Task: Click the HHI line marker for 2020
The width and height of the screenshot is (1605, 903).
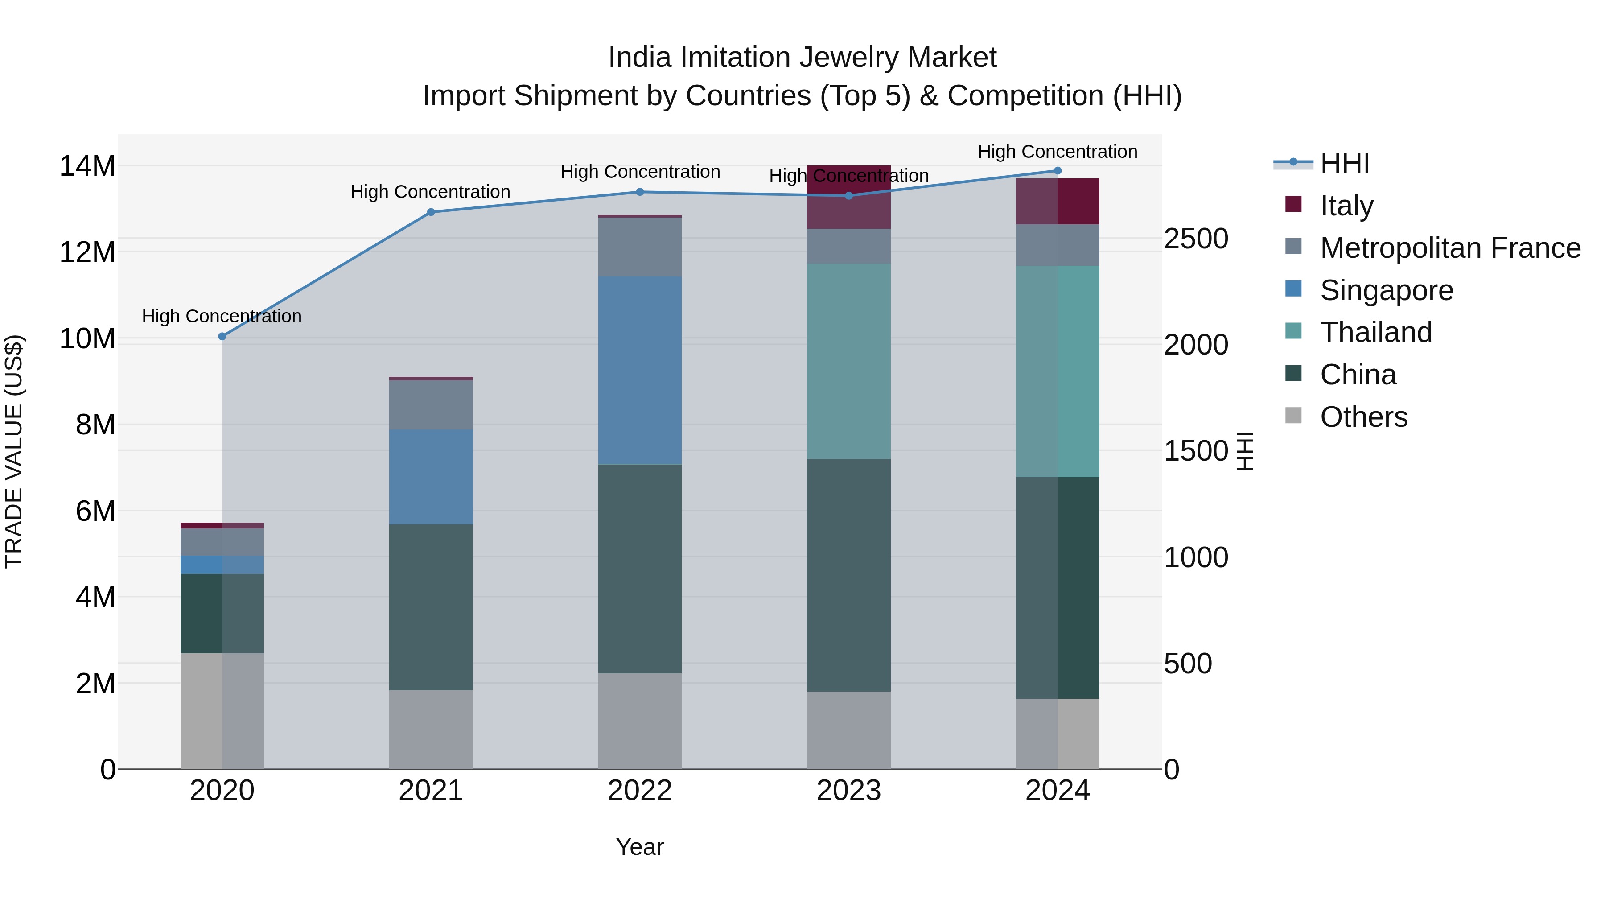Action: click(x=222, y=337)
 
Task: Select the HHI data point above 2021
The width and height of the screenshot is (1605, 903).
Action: click(x=431, y=212)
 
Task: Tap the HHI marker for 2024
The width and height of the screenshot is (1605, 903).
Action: click(x=1058, y=171)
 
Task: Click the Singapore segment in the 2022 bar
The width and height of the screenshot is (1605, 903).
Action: click(x=639, y=370)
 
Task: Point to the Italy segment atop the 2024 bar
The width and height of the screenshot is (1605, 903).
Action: click(x=1058, y=201)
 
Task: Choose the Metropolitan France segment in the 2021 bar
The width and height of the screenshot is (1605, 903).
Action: click(x=431, y=404)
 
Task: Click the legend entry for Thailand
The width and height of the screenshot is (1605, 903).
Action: click(x=1376, y=332)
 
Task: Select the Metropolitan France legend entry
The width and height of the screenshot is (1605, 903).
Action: click(x=1450, y=248)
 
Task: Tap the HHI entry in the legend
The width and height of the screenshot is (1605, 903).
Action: click(x=1345, y=163)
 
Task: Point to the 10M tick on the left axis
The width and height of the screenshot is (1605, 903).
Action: click(x=87, y=339)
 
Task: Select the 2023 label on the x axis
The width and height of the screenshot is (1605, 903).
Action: click(x=848, y=791)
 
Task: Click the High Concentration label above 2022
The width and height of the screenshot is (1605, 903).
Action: click(x=640, y=172)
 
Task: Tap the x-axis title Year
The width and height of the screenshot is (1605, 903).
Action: click(x=639, y=847)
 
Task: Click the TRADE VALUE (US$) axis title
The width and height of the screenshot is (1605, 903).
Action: click(x=14, y=451)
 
